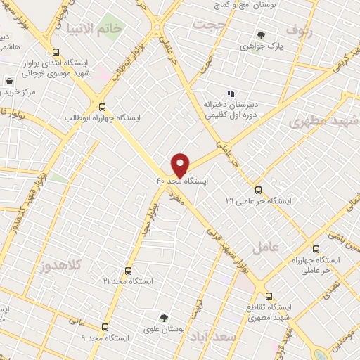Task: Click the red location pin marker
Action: click(x=180, y=165)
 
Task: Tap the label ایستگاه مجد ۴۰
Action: click(x=183, y=181)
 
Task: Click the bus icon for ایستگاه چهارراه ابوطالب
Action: click(x=103, y=108)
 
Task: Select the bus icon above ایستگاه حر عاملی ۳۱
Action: click(x=258, y=190)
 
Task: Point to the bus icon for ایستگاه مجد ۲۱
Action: click(x=128, y=271)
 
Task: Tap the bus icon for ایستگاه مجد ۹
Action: click(x=105, y=327)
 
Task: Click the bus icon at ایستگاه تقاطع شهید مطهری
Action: click(x=269, y=296)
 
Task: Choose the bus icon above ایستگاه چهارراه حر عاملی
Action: click(x=315, y=250)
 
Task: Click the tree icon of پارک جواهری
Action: click(x=261, y=34)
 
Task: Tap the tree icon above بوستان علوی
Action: click(x=164, y=318)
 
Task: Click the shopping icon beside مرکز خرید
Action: click(x=8, y=82)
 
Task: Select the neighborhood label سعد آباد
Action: click(x=214, y=337)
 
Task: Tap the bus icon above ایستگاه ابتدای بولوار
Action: click(x=56, y=52)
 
